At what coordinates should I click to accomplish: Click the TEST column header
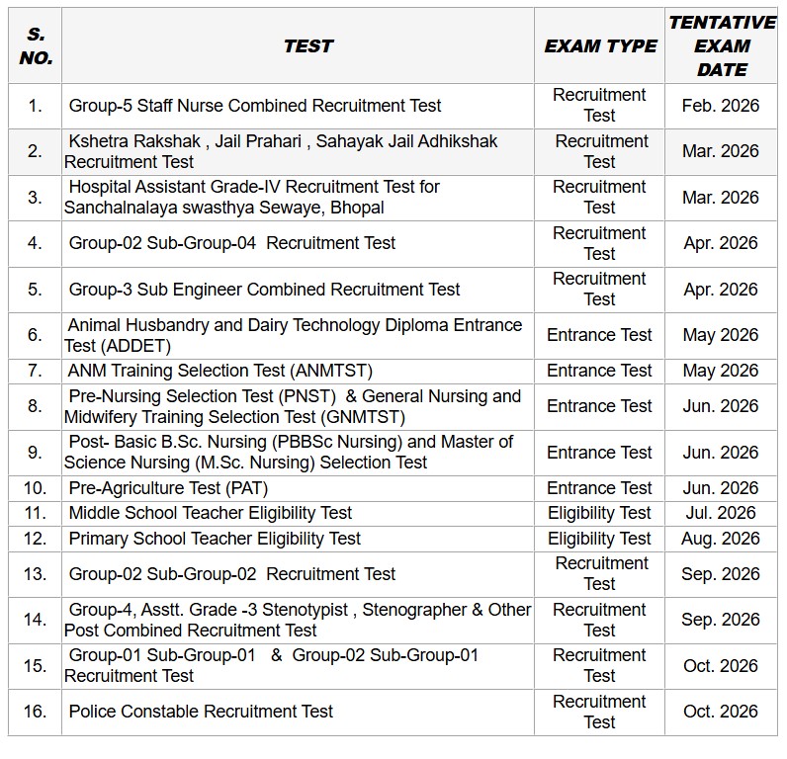307,46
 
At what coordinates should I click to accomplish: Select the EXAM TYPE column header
600,46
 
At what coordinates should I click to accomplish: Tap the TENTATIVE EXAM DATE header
722,46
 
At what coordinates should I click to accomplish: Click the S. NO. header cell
36,46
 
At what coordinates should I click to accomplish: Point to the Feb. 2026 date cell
721,106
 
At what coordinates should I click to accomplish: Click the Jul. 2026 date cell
721,513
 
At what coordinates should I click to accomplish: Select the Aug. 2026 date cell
721,539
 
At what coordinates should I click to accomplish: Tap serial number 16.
36,712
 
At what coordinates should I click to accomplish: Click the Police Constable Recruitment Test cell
201,712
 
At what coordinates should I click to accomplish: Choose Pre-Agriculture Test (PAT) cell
168,488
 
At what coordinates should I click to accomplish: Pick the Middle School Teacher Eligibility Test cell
211,513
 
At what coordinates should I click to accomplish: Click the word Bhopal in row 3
358,208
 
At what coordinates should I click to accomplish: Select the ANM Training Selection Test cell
220,371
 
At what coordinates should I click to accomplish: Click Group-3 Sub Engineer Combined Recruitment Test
264,290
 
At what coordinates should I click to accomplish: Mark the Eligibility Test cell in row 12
599,539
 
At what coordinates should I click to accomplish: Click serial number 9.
36,453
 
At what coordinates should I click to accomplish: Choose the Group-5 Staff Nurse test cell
255,106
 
